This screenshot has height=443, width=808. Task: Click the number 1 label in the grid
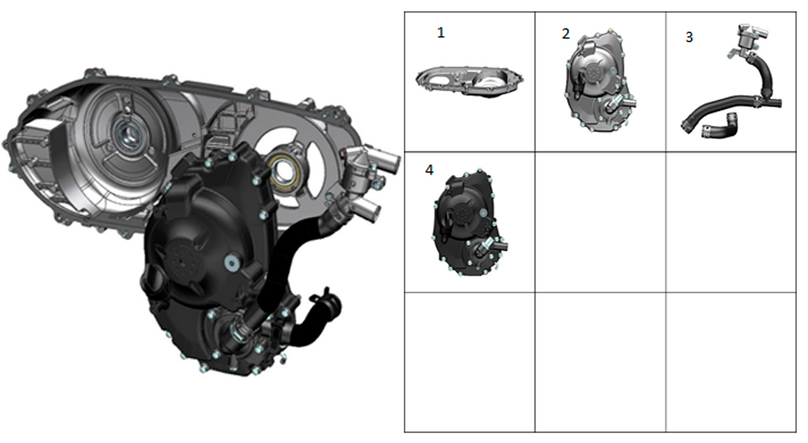(x=441, y=32)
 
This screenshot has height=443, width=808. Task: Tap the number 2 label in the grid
(x=566, y=33)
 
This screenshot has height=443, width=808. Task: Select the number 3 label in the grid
(x=688, y=37)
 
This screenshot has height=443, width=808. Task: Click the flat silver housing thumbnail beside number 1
(x=469, y=79)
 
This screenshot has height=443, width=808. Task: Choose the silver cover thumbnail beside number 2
(x=596, y=81)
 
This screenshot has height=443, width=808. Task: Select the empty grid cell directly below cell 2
(x=600, y=221)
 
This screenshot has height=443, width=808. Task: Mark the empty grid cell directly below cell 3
(x=731, y=221)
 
